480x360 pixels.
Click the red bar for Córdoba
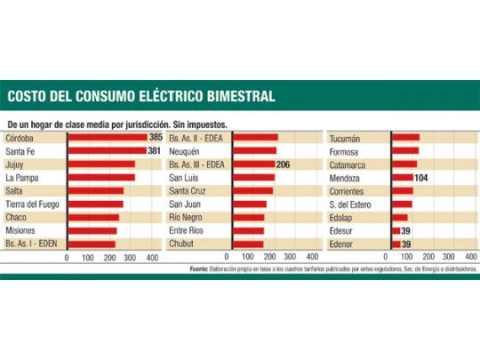coord(107,139)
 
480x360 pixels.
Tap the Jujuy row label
coord(16,164)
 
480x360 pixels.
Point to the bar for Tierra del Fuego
coord(94,204)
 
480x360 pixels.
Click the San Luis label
coord(183,178)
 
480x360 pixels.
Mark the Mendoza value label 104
coord(421,178)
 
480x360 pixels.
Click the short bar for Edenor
coord(395,243)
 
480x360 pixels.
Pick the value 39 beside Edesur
coord(406,230)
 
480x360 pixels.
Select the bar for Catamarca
coord(404,164)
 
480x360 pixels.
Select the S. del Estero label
coord(351,204)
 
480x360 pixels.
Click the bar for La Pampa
coord(100,178)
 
